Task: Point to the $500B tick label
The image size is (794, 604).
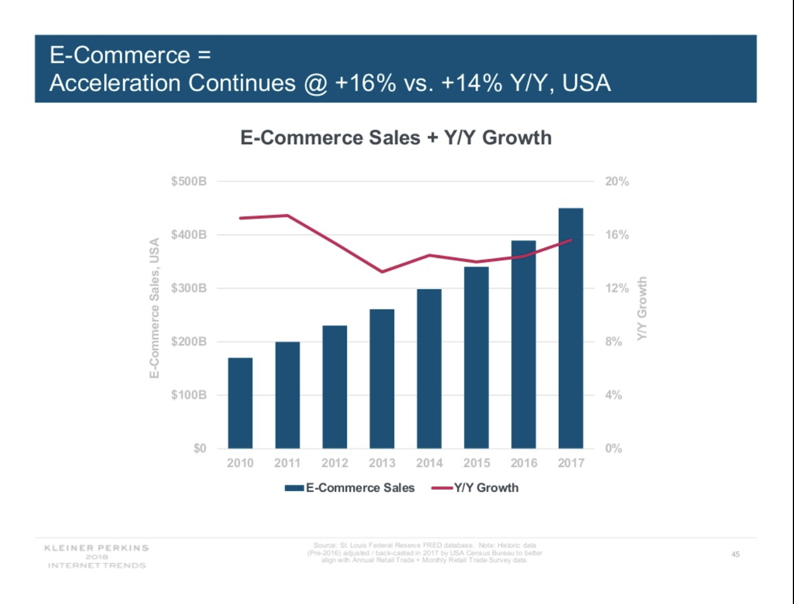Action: (189, 181)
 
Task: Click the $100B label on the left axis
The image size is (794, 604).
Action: (189, 395)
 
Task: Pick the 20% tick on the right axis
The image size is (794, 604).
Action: (617, 181)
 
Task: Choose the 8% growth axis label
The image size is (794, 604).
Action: (614, 341)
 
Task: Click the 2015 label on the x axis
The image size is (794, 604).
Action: (477, 463)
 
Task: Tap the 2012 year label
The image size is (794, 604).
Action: (334, 463)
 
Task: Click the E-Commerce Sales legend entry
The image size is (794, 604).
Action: (360, 488)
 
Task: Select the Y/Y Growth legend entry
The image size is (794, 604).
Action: (486, 488)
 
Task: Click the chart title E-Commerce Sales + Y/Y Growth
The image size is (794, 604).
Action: (396, 137)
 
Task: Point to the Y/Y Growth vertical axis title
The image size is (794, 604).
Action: (642, 308)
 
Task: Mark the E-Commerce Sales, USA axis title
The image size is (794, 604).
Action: (154, 308)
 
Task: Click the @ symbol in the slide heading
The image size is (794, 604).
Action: (315, 83)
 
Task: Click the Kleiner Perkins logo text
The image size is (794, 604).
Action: (96, 548)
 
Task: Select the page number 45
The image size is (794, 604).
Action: (735, 554)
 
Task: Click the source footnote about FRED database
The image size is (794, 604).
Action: (425, 553)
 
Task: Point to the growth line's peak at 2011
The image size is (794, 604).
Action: (288, 215)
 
